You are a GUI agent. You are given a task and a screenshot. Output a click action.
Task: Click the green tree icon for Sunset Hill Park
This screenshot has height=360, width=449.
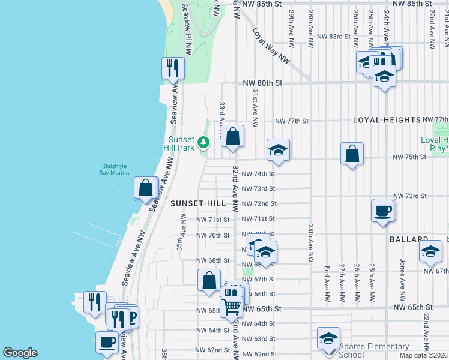[x=205, y=142]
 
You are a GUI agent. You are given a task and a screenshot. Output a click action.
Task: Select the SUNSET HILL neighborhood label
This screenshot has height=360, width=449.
[x=198, y=203]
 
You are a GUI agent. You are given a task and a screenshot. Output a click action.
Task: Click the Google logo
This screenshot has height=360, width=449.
[x=20, y=353]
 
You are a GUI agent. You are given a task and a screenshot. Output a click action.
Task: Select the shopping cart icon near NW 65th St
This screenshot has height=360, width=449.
[x=231, y=306]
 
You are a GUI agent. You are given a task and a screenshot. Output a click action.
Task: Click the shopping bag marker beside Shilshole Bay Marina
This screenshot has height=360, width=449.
[x=145, y=188]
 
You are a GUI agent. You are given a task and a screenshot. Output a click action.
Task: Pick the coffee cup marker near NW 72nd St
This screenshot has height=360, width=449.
[x=382, y=211]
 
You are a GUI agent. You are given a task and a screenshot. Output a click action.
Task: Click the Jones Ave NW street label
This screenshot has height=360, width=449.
[x=402, y=277]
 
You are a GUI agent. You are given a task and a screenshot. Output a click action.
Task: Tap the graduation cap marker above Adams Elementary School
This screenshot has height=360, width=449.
[x=328, y=338]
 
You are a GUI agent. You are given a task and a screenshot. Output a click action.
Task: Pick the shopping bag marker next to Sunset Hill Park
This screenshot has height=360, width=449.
[x=232, y=136]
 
